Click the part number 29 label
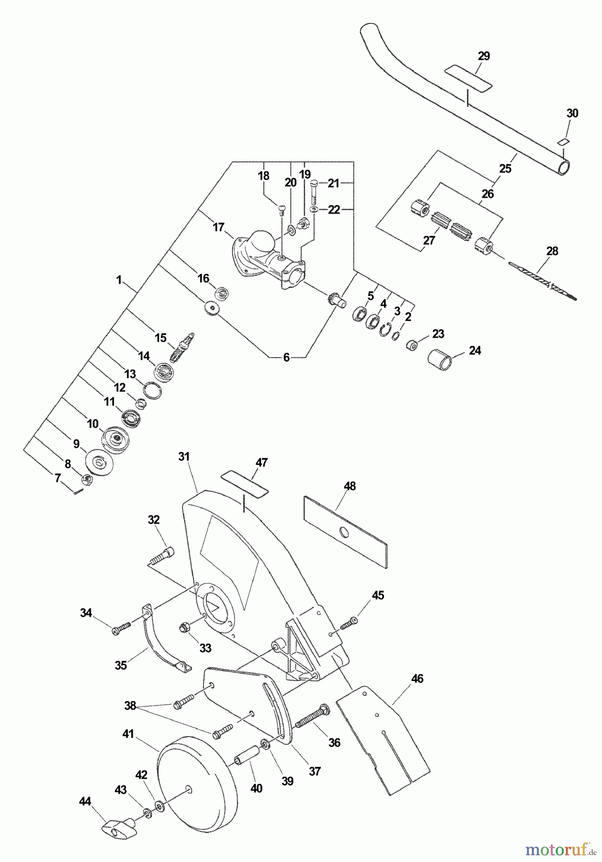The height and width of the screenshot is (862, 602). [x=484, y=56]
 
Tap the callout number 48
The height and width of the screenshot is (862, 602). [x=350, y=486]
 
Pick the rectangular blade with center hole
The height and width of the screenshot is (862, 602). [x=345, y=532]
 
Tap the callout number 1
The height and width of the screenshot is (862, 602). [x=119, y=280]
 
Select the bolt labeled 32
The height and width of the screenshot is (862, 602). [x=161, y=557]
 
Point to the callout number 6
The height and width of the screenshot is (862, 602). [x=286, y=357]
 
